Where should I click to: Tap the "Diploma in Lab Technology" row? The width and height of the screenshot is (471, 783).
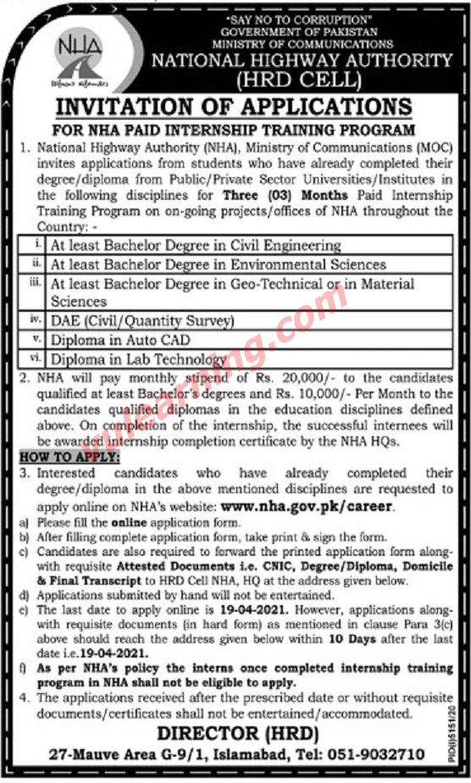coord(138,359)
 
